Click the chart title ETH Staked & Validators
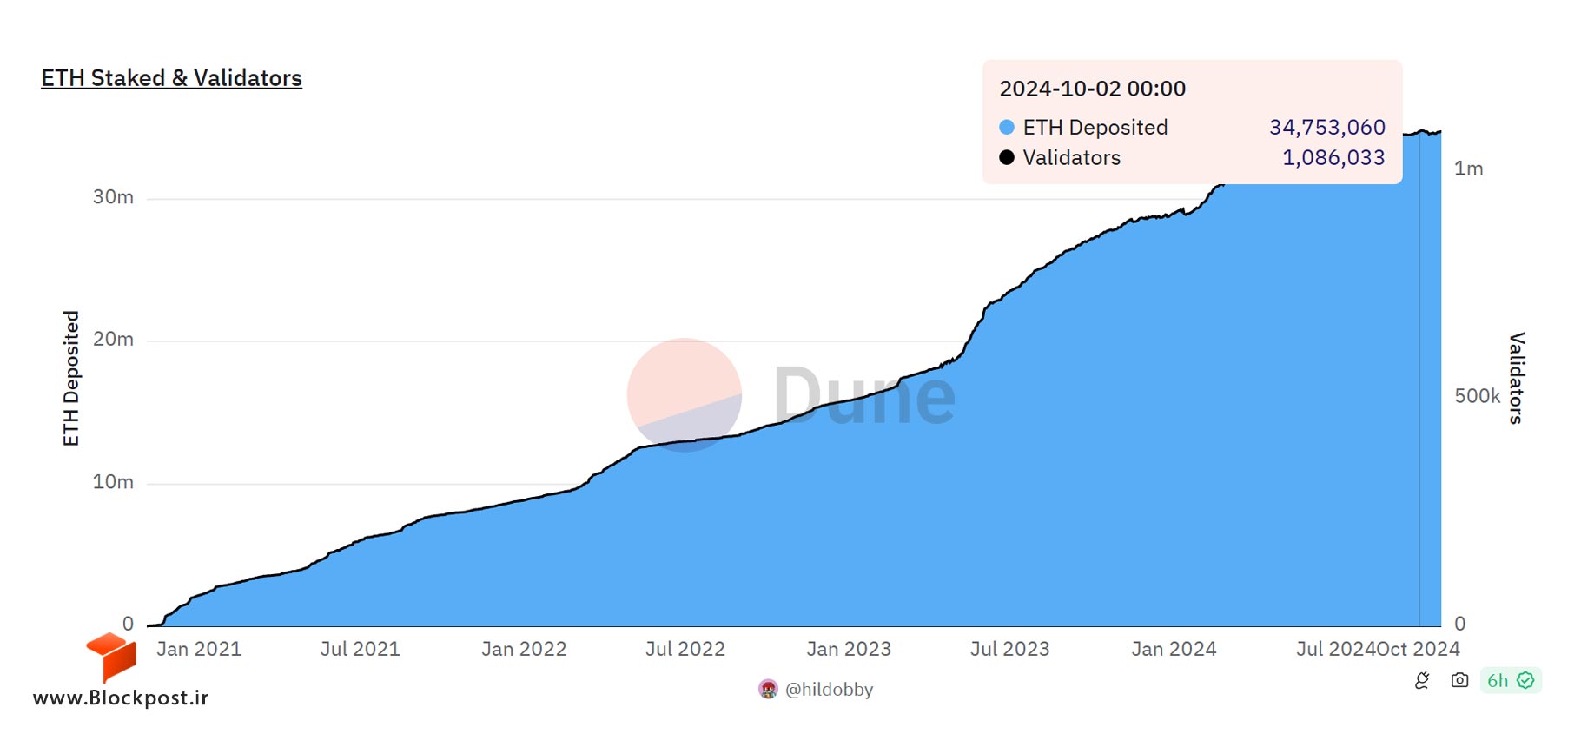point(172,78)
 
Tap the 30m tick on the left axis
point(113,197)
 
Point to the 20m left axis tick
point(113,340)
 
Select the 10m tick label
point(113,482)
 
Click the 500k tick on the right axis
point(1478,396)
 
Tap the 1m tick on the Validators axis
point(1469,169)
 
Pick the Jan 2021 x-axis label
point(199,649)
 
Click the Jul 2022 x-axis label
point(685,649)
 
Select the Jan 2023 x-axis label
point(849,649)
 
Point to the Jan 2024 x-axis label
point(1174,649)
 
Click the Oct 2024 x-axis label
point(1419,649)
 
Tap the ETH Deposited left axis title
point(71,379)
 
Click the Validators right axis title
point(1517,378)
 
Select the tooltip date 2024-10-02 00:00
point(1093,89)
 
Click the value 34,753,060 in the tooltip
point(1327,128)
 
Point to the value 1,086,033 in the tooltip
point(1333,158)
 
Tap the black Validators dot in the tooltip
point(1007,157)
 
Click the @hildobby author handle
point(830,690)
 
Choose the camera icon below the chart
point(1459,680)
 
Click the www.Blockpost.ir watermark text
point(121,698)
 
